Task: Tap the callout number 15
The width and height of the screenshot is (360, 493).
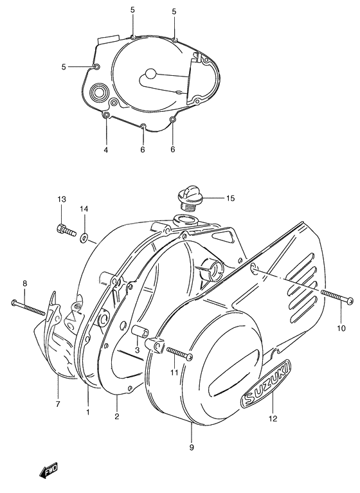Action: [x=230, y=199]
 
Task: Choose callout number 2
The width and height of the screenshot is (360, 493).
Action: [x=117, y=417]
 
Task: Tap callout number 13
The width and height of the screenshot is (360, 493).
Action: [x=61, y=200]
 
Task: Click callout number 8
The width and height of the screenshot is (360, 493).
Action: [x=25, y=283]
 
